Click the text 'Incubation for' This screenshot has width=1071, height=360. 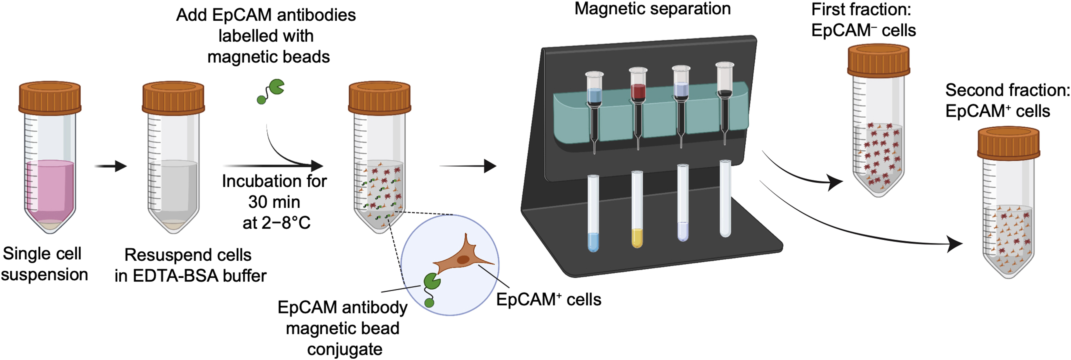coord(274,182)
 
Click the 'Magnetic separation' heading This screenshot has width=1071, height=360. coord(652,9)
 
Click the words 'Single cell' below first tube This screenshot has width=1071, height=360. coord(42,254)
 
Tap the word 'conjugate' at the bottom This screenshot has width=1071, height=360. coord(345,349)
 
